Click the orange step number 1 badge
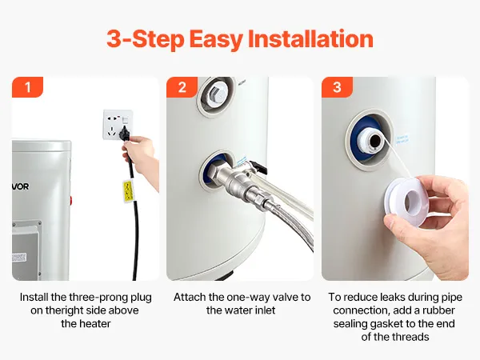point(27,87)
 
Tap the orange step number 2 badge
point(182,87)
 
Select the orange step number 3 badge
point(337,87)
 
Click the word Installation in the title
point(310,39)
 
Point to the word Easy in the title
point(216,40)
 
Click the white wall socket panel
point(118,125)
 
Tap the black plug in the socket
point(125,134)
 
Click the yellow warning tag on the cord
point(128,191)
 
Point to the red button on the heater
point(71,201)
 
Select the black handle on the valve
point(259,166)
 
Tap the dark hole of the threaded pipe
point(375,142)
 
